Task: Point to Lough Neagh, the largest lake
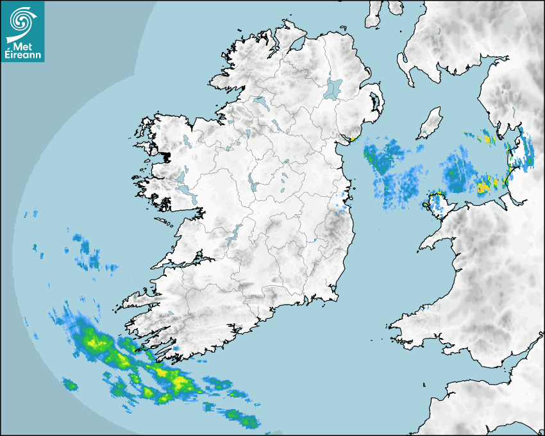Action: click(333, 88)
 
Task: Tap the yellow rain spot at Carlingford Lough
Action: click(353, 138)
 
